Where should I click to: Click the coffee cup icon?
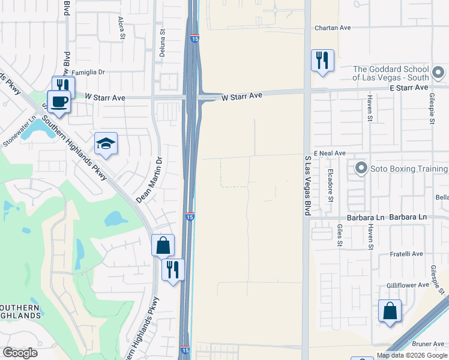(x=59, y=101)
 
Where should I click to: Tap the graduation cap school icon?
(x=106, y=143)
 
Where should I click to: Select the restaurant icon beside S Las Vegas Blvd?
(x=322, y=61)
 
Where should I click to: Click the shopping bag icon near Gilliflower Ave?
(x=390, y=311)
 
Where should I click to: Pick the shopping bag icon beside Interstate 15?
(x=163, y=245)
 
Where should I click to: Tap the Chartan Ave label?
(x=333, y=28)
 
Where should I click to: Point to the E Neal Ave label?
(x=329, y=154)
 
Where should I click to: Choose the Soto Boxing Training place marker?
(x=361, y=169)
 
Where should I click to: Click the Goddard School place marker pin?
(x=439, y=73)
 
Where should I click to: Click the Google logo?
(x=20, y=353)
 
